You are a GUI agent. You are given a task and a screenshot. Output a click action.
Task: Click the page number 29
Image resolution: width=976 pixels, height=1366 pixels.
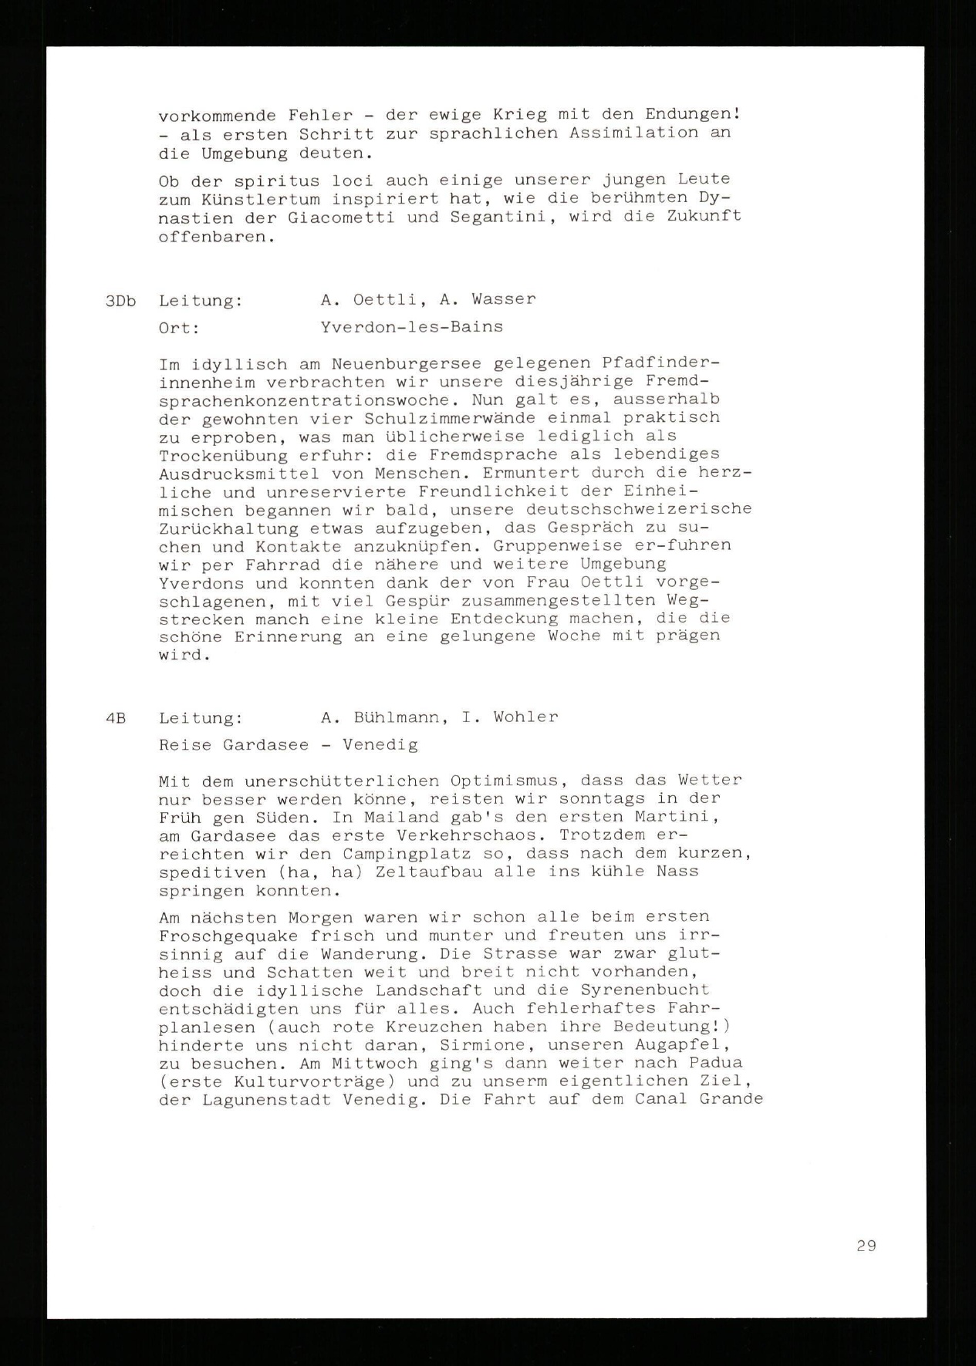coord(866,1245)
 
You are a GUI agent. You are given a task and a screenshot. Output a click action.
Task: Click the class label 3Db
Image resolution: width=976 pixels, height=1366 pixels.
coord(120,301)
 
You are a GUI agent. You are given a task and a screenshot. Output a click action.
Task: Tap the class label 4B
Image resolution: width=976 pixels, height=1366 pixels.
coord(116,718)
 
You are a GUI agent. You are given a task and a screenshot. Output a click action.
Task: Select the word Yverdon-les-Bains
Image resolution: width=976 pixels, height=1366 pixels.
coord(411,326)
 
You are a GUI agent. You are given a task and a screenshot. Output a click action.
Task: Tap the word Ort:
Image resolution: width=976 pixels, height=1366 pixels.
coord(179,328)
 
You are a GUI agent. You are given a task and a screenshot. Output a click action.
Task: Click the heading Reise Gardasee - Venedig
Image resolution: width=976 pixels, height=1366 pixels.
coord(288,745)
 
